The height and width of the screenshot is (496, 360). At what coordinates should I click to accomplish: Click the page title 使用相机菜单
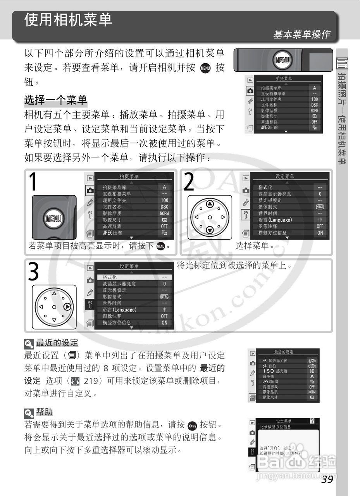(x=68, y=20)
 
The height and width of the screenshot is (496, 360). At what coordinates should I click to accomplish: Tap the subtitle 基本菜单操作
(x=301, y=34)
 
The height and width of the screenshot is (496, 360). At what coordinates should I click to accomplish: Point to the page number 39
(x=327, y=479)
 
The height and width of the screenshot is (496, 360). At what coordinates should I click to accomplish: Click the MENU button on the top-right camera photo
(x=281, y=60)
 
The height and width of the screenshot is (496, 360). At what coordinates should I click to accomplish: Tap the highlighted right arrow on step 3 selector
(x=67, y=307)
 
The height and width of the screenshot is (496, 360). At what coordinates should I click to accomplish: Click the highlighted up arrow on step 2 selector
(x=210, y=204)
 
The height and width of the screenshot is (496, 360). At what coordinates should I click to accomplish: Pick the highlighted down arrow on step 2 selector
(x=210, y=230)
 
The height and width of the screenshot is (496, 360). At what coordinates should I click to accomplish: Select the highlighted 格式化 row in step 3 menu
(x=132, y=277)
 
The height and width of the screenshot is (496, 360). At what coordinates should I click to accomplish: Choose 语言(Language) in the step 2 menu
(x=275, y=220)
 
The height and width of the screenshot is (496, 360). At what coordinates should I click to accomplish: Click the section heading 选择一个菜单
(x=56, y=100)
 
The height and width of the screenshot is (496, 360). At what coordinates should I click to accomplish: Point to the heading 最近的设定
(x=57, y=343)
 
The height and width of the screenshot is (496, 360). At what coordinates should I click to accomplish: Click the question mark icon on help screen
(x=312, y=421)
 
